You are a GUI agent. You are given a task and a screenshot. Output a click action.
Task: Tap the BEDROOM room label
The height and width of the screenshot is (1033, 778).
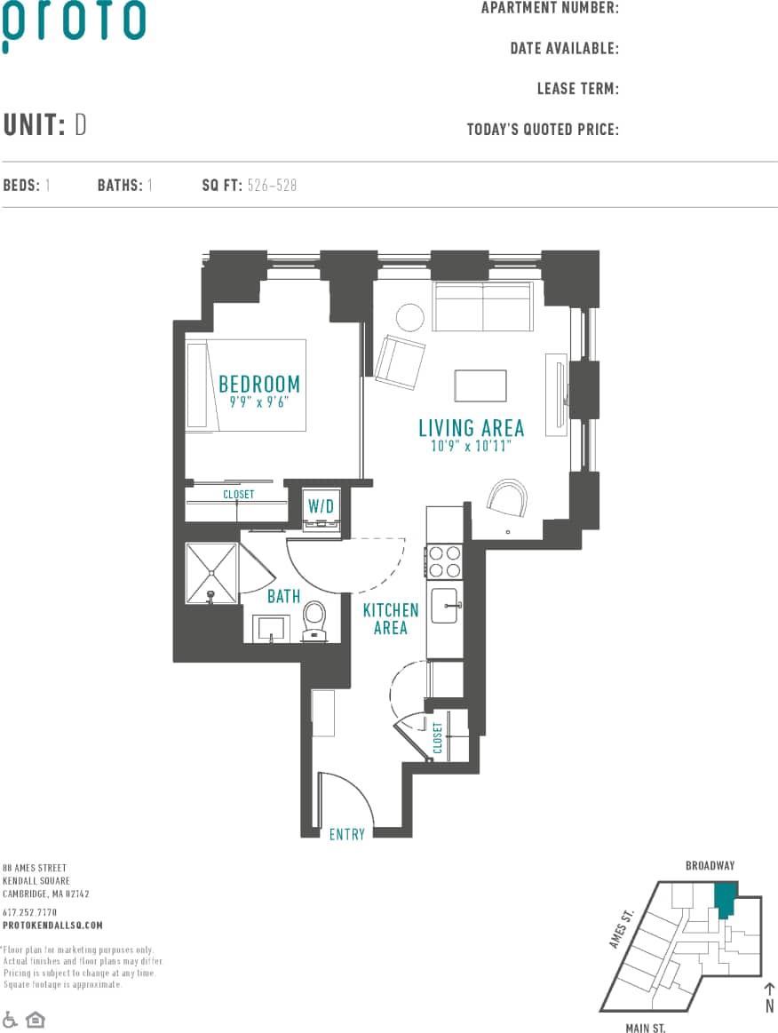(259, 385)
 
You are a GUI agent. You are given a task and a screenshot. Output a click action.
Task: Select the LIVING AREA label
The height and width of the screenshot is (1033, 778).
(471, 428)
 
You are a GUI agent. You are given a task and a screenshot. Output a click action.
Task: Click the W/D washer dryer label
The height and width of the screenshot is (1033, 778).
(321, 506)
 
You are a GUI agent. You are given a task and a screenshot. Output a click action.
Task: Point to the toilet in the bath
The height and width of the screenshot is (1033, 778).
(314, 619)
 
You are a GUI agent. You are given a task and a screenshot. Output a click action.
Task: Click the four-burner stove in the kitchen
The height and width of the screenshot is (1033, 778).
(444, 560)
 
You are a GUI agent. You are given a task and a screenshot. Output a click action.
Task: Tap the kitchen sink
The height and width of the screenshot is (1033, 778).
(444, 606)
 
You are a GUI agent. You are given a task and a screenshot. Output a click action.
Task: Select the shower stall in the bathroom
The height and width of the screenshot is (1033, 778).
(211, 574)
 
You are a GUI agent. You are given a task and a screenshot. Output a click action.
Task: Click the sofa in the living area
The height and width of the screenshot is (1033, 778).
(482, 307)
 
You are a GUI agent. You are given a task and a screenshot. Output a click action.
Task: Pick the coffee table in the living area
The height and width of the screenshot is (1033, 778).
(480, 386)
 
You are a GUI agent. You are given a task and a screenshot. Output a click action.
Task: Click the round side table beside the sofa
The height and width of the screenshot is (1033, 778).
(409, 317)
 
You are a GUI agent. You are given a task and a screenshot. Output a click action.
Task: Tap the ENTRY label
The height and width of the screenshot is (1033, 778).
(347, 834)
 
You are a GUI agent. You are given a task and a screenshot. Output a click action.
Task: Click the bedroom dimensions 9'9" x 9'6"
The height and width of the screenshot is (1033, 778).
(259, 402)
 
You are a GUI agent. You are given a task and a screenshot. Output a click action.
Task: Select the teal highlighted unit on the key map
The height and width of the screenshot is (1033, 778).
(726, 899)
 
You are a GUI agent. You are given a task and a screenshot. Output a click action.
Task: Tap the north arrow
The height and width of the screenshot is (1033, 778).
(769, 993)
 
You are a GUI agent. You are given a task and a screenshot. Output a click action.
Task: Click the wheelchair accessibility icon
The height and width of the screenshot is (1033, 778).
(11, 1019)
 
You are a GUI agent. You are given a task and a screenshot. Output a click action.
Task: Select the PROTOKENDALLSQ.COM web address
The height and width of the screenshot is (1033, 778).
(52, 925)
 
